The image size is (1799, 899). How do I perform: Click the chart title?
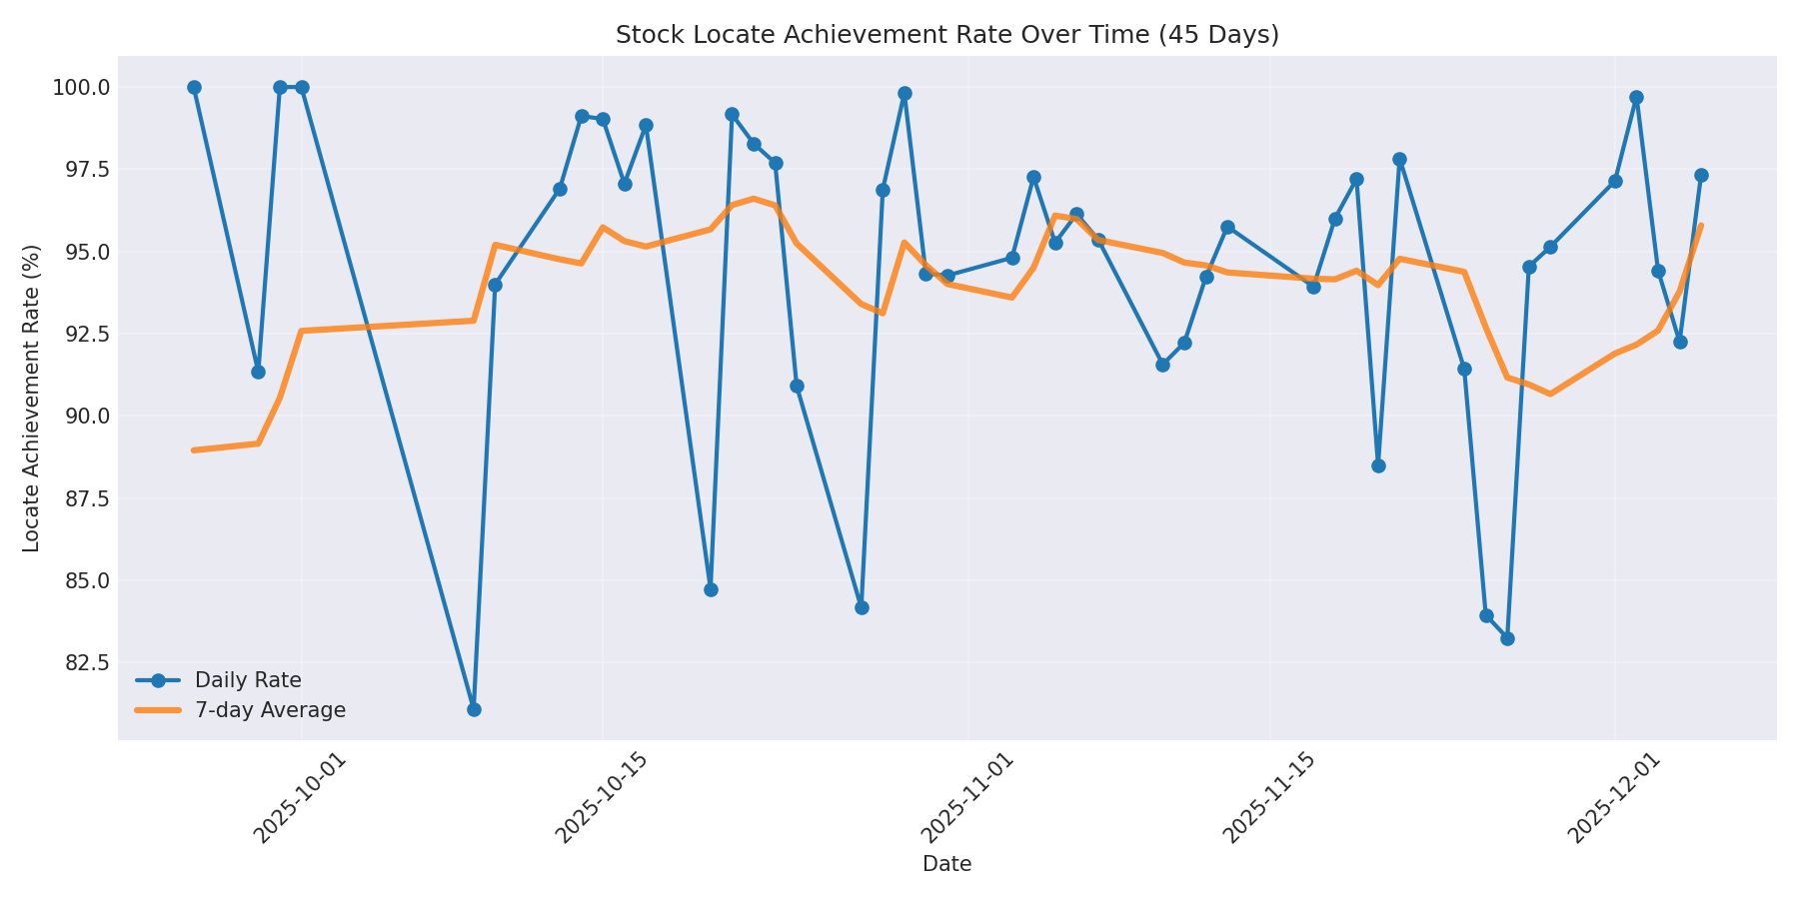pos(946,35)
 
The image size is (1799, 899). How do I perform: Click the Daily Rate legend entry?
pos(248,681)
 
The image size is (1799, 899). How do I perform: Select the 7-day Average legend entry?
pos(270,711)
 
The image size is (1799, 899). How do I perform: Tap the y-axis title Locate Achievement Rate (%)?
pos(32,398)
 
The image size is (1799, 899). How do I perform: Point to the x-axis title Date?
pos(946,865)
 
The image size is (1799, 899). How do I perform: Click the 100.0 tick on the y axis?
pos(82,88)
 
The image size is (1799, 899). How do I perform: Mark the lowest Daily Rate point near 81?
pos(474,709)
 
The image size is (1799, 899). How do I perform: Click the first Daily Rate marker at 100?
pos(194,88)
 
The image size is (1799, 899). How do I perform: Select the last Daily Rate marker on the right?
pos(1701,176)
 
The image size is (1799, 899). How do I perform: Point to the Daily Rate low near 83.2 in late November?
pos(1507,638)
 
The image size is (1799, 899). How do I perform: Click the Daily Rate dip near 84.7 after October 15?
pos(711,589)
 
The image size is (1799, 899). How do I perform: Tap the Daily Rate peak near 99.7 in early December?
pos(1636,98)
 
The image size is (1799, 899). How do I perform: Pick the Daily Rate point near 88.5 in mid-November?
pos(1378,465)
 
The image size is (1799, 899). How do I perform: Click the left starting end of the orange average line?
pos(194,450)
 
